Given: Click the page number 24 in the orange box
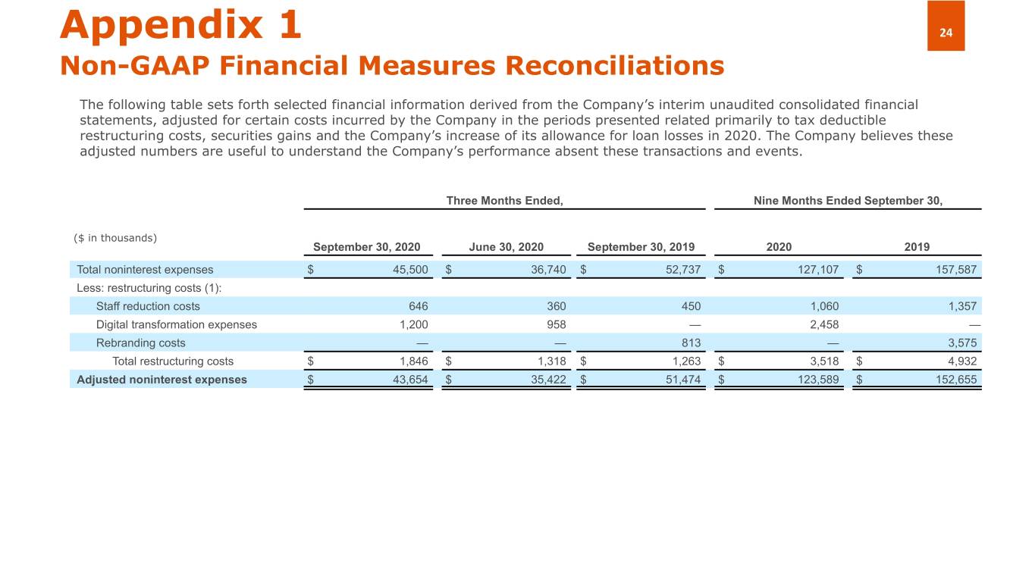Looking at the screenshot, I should point(946,33).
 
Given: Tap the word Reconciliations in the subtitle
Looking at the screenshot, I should point(614,66).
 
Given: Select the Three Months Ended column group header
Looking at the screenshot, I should point(504,201).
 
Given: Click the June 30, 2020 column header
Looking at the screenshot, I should point(506,247).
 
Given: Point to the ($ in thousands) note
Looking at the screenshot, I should point(115,238).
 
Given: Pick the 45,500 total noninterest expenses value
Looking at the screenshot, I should point(410,270).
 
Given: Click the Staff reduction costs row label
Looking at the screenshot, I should point(148,306).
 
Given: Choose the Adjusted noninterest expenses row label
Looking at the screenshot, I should point(162,379).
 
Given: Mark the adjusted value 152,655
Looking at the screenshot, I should point(955,379).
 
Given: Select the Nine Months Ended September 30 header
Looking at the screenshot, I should point(848,201).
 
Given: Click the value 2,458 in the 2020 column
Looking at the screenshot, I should point(823,324).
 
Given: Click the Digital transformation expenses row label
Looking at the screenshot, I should point(176,324).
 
